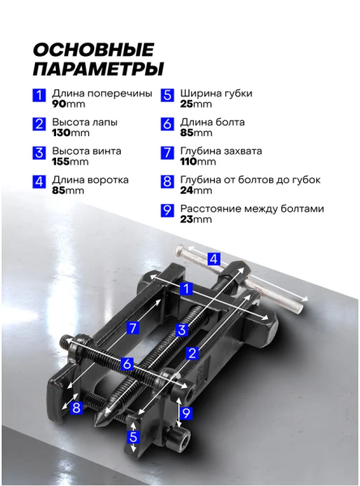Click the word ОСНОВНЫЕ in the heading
click(93, 49)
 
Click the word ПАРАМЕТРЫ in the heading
click(98, 69)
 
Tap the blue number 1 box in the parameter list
click(39, 95)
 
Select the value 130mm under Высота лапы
click(71, 133)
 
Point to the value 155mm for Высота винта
click(71, 162)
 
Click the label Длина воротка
click(90, 180)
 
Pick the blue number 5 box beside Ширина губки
click(167, 95)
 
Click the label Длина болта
click(212, 122)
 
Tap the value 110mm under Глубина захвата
click(198, 162)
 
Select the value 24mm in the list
click(196, 190)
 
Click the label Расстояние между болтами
click(252, 209)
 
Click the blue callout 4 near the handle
click(213, 259)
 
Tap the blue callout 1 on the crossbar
click(186, 289)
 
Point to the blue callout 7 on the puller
click(132, 328)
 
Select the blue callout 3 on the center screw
click(182, 330)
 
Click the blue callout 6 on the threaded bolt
click(126, 364)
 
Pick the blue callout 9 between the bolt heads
click(186, 413)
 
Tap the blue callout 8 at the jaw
click(76, 407)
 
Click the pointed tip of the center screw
click(96, 425)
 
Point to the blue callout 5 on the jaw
click(133, 437)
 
